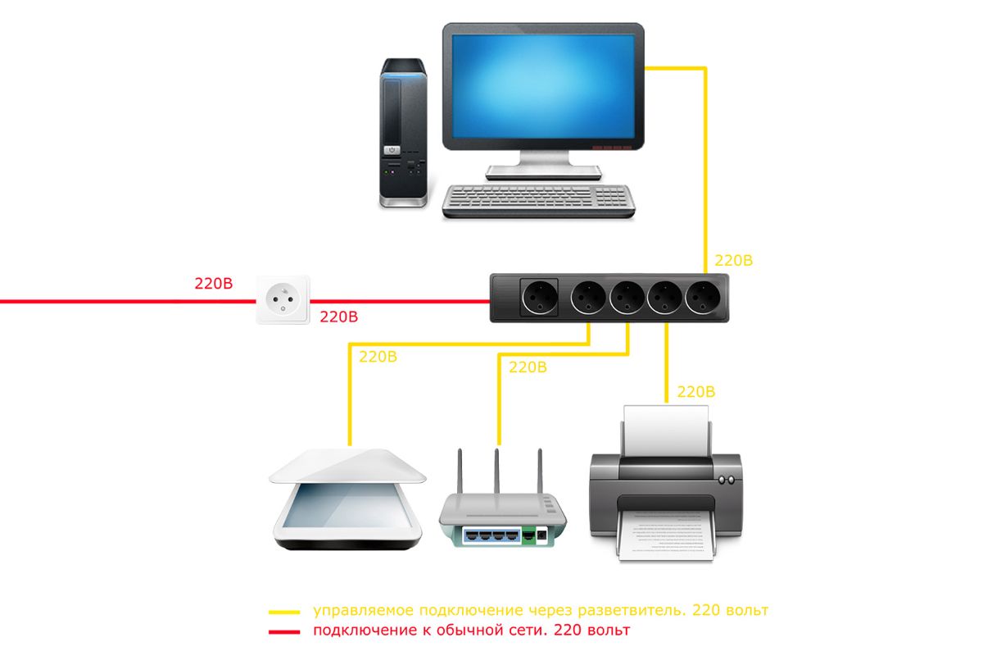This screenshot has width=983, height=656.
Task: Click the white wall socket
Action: [x=283, y=300]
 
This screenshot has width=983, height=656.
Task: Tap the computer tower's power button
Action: [x=393, y=151]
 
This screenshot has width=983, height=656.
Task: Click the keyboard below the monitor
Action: [x=539, y=200]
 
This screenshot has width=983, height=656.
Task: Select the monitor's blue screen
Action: [x=543, y=84]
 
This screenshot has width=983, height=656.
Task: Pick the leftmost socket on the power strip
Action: [x=539, y=298]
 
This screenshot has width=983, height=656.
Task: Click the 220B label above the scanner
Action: [x=378, y=357]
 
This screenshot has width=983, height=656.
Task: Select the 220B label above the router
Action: [x=528, y=367]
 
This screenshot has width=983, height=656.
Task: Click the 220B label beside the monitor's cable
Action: [x=734, y=262]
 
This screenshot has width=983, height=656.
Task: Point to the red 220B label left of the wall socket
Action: [x=214, y=285]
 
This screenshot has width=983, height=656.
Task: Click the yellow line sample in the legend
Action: [x=284, y=613]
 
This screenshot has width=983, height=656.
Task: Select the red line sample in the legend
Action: [x=284, y=631]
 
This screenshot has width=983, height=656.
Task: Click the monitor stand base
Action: [x=543, y=171]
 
